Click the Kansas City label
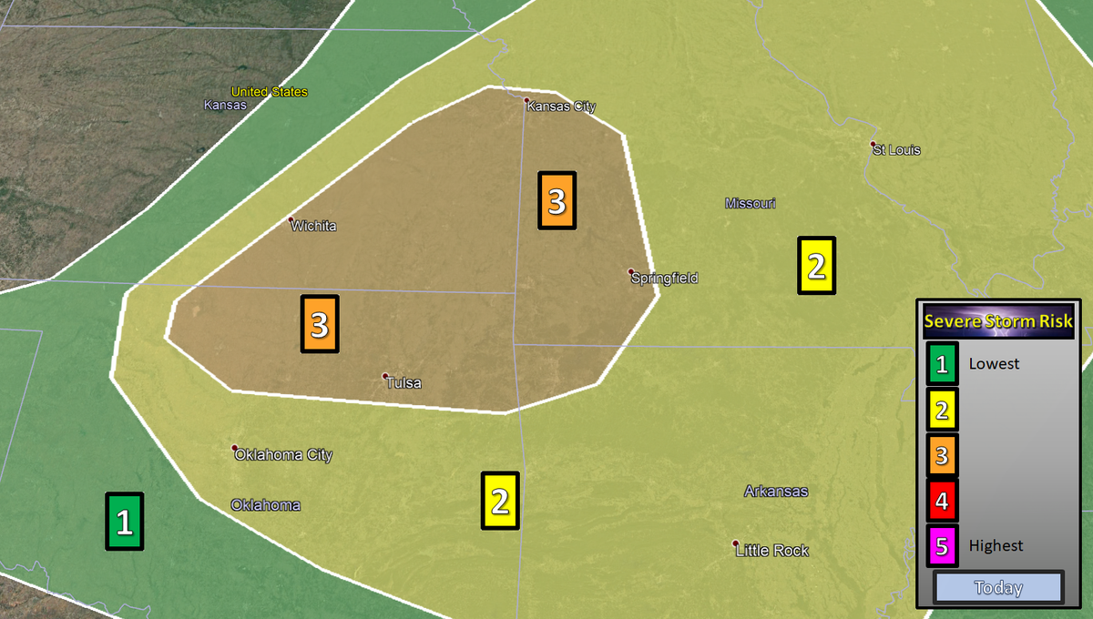click(562, 107)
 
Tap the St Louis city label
click(897, 150)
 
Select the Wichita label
click(314, 226)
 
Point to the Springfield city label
click(666, 278)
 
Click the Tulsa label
click(404, 383)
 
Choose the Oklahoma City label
click(284, 455)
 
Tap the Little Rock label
click(772, 551)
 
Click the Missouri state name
click(751, 203)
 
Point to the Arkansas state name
click(776, 492)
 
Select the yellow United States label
click(270, 92)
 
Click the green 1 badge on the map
click(125, 522)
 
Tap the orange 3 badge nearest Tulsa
click(319, 324)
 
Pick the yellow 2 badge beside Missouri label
click(816, 266)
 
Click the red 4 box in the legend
click(942, 500)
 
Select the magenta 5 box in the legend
click(942, 546)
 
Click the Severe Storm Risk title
click(998, 320)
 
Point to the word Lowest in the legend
click(995, 364)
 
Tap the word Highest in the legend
click(996, 546)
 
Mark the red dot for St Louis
click(873, 145)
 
